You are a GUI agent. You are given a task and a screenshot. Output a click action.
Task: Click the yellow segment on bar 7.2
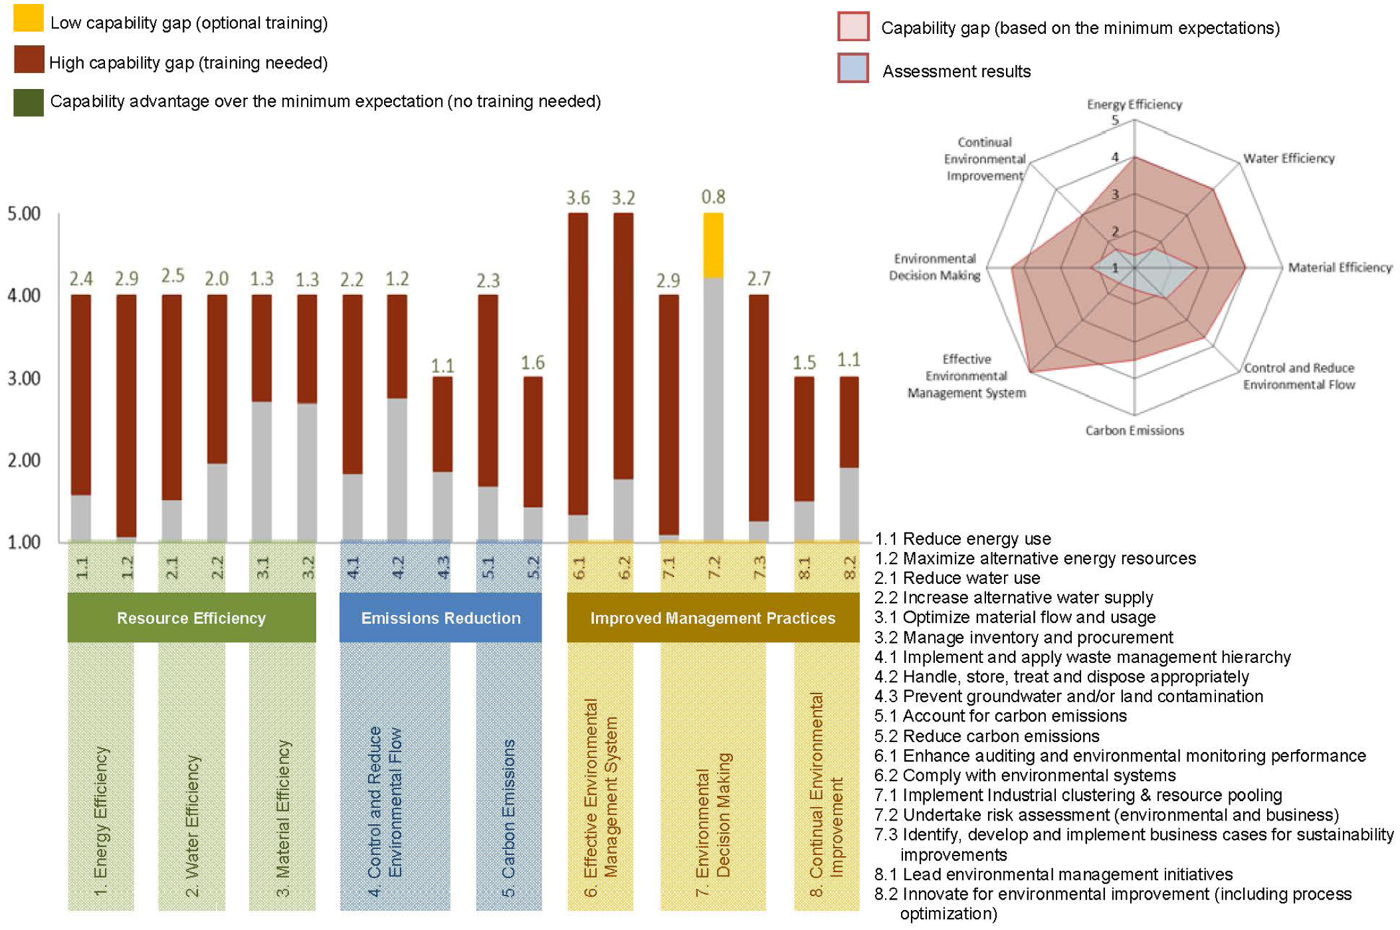point(712,245)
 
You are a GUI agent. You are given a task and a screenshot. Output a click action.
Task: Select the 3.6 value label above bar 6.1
point(577,198)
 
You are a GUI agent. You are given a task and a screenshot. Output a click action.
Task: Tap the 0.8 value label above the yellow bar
point(713,197)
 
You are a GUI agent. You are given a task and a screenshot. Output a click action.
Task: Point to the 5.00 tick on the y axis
point(24,214)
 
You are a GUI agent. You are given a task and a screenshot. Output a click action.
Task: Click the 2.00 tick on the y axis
point(24,460)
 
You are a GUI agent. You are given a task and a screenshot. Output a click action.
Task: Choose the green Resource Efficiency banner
point(191,618)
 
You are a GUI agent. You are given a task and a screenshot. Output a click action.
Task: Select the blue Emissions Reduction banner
point(441,618)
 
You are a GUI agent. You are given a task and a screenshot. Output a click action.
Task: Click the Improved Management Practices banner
point(712,618)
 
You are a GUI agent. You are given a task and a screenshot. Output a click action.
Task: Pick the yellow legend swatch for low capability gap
point(29,19)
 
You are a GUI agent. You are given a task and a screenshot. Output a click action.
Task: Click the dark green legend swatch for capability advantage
point(29,103)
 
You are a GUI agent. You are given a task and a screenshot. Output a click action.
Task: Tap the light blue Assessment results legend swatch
point(852,68)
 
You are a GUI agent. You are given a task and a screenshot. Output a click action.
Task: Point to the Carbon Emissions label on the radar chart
point(1134,430)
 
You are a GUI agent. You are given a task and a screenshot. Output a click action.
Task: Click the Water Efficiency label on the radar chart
point(1288,158)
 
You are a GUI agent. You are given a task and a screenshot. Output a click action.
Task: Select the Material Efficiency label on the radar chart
point(1340,267)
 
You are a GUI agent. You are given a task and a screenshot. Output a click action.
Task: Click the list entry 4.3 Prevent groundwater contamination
point(1068,696)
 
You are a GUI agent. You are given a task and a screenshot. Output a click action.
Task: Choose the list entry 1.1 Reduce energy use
point(963,539)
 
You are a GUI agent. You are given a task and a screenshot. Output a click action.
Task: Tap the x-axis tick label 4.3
point(443,567)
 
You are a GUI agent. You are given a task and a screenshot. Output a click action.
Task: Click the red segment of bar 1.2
point(126,415)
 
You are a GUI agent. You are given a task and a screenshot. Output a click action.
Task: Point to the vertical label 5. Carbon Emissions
point(508,817)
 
